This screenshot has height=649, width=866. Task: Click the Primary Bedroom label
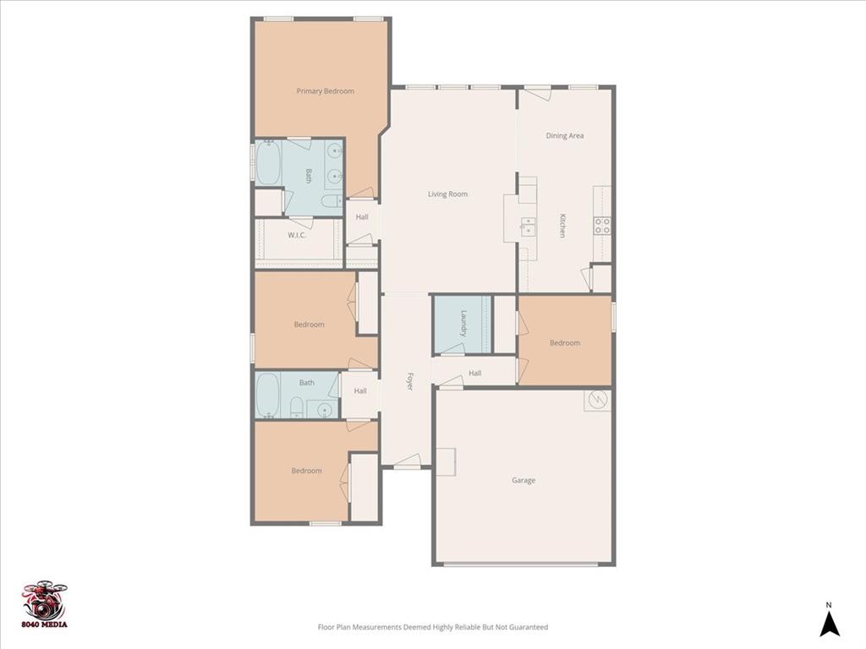(x=325, y=91)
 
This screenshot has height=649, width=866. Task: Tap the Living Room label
(x=447, y=194)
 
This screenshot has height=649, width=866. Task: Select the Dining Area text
(x=564, y=135)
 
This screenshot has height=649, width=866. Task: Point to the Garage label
(x=523, y=481)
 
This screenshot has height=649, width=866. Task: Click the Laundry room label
(x=463, y=324)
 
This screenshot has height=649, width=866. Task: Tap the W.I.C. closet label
(x=296, y=235)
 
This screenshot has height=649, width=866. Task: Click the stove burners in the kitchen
(x=602, y=226)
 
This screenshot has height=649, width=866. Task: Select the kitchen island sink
(x=529, y=226)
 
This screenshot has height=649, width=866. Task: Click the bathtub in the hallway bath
(x=268, y=394)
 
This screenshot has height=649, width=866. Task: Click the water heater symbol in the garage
(x=597, y=400)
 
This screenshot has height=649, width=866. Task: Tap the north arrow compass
(x=830, y=621)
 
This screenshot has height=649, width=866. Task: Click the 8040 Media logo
(x=45, y=605)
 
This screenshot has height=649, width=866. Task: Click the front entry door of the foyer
(x=408, y=462)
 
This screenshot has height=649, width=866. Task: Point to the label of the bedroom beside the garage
(x=565, y=343)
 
